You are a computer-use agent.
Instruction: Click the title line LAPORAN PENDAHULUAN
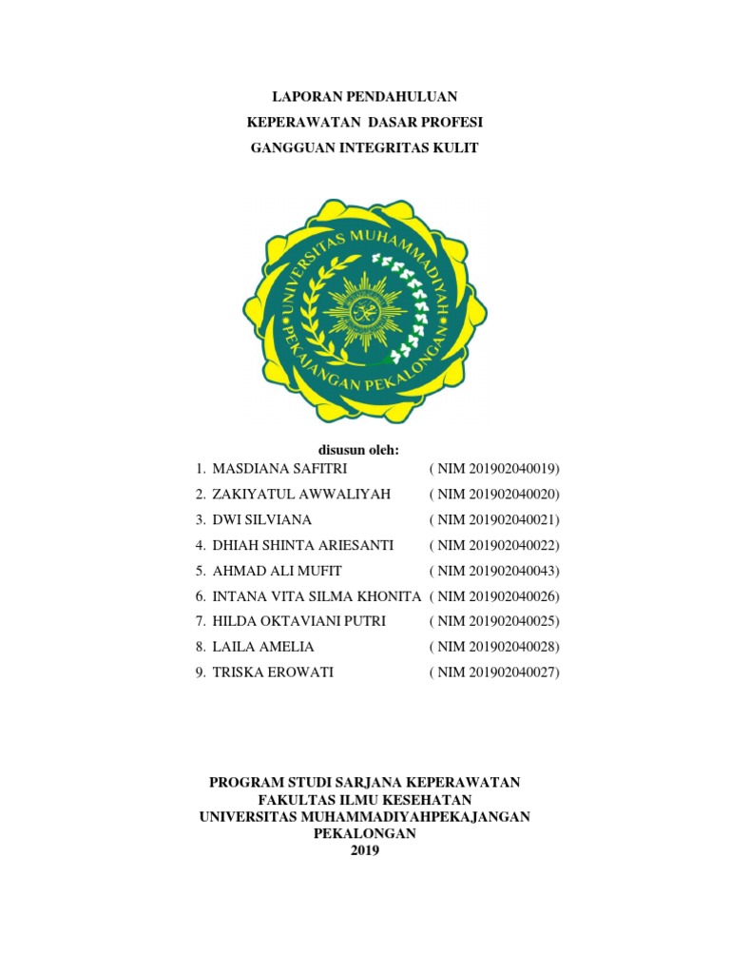pyautogui.click(x=365, y=96)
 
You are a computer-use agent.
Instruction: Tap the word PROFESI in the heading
pyautogui.click(x=451, y=122)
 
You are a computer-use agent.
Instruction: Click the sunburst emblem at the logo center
pyautogui.click(x=365, y=313)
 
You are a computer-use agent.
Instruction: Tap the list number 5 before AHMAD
pyautogui.click(x=200, y=571)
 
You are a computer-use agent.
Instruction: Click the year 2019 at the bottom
pyautogui.click(x=365, y=850)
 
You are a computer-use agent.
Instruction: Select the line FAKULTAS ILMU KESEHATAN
pyautogui.click(x=365, y=800)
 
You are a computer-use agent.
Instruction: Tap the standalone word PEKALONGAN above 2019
pyautogui.click(x=365, y=833)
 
